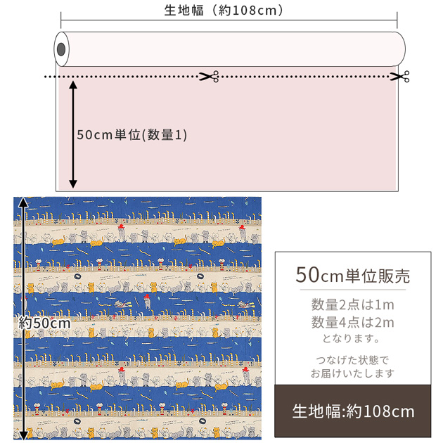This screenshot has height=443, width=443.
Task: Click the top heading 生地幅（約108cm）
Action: point(224,11)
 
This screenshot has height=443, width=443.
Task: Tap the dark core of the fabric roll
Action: point(61,49)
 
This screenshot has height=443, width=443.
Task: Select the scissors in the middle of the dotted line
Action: point(209,76)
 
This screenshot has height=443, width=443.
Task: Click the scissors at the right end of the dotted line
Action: point(399,76)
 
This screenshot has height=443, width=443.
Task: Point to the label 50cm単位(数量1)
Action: point(132,135)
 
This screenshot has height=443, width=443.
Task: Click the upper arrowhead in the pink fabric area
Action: point(73,85)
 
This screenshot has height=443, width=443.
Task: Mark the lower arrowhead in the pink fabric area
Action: point(73,184)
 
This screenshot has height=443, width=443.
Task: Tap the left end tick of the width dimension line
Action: point(60,20)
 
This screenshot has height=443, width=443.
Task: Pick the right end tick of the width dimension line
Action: point(397,20)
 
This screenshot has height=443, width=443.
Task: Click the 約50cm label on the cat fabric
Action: point(44,323)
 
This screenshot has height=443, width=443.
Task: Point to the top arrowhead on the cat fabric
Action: point(23,202)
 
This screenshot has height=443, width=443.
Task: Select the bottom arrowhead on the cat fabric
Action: point(23,435)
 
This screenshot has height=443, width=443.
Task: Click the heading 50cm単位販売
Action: point(352,276)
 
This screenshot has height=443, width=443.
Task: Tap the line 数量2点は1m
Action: point(352,305)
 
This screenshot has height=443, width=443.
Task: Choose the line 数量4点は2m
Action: point(352,322)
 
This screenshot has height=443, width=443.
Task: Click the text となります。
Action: point(352,338)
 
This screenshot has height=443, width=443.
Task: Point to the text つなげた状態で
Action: point(352,360)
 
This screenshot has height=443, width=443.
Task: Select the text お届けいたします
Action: point(352,373)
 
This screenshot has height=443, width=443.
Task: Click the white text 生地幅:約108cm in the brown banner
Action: point(353,411)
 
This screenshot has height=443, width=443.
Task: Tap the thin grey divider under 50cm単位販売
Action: point(352,290)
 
